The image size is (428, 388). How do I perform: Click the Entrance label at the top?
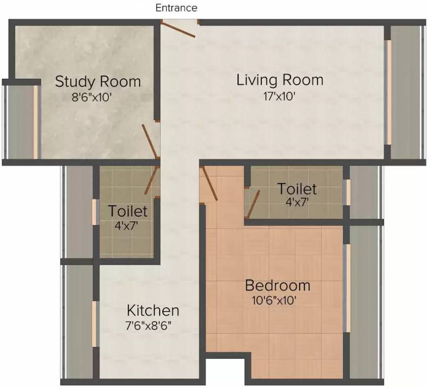(176, 8)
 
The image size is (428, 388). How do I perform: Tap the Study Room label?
(98, 81)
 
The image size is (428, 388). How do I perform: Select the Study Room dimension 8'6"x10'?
(92, 97)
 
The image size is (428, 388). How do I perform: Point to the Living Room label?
(280, 80)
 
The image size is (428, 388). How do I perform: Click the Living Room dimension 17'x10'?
(279, 96)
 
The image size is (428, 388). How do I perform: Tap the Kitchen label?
(153, 311)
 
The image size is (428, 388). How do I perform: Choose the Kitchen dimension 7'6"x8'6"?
(148, 326)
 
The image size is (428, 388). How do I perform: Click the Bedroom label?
(277, 285)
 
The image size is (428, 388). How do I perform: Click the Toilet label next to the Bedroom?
(297, 189)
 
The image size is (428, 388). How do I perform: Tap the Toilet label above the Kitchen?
(128, 211)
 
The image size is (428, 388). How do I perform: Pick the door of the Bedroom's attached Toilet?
(253, 204)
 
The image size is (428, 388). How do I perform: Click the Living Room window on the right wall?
(389, 92)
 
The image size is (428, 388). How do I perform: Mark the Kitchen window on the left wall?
(94, 324)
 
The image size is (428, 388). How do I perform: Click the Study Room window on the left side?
(35, 122)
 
